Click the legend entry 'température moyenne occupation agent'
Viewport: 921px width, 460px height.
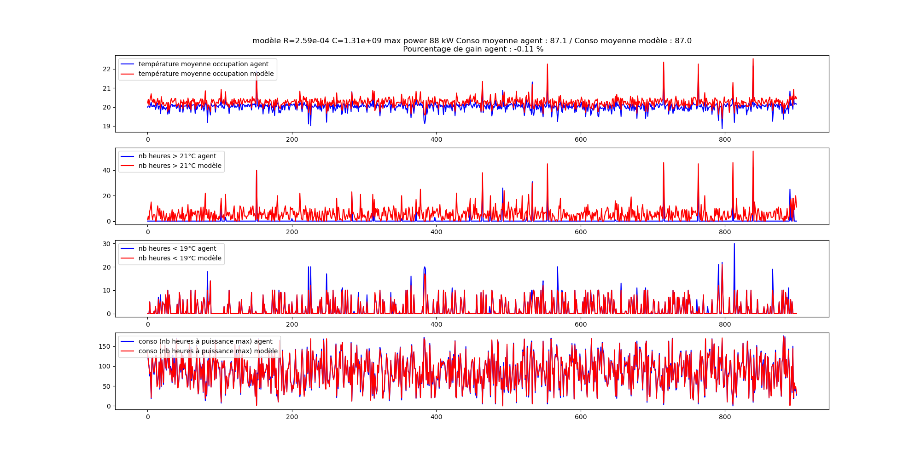point(203,64)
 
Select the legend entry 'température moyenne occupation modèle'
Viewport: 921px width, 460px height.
point(206,74)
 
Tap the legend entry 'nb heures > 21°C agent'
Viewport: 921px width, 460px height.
point(177,156)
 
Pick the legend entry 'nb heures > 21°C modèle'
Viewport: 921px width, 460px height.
point(180,166)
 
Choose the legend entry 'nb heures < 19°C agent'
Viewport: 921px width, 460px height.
point(177,248)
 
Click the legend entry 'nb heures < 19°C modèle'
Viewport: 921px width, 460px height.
point(180,258)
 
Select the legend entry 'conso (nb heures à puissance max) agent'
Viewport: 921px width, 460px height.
point(205,341)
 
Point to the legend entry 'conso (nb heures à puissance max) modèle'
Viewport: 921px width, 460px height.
point(208,351)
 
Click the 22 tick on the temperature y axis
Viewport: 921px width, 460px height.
point(107,69)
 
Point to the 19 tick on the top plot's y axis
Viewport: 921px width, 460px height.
point(107,126)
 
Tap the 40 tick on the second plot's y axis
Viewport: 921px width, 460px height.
point(107,170)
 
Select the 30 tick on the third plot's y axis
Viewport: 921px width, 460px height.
point(107,244)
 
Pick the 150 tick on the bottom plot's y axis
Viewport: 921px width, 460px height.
point(105,346)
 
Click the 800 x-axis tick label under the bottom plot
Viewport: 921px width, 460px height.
point(725,417)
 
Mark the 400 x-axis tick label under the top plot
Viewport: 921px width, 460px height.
point(436,139)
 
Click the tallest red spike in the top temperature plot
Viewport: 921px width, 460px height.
point(753,59)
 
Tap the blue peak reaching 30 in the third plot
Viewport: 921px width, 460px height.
point(734,244)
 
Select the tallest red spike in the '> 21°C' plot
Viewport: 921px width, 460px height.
point(753,152)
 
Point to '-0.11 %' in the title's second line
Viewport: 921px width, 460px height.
point(529,49)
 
